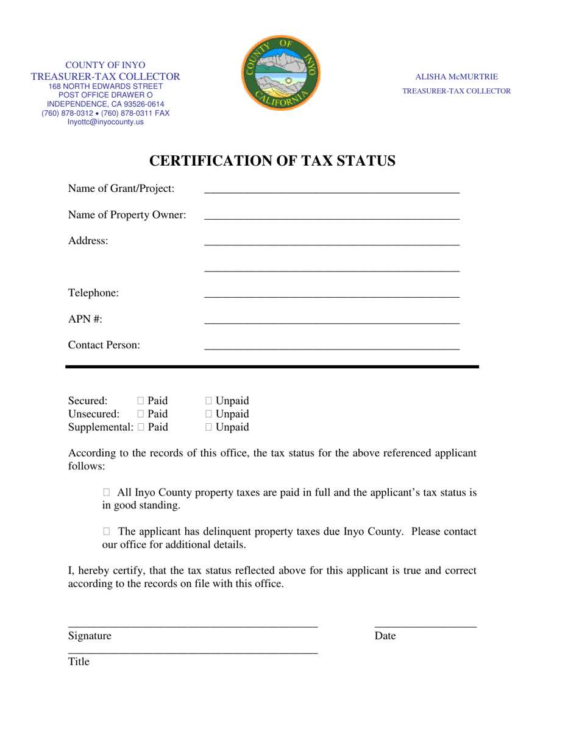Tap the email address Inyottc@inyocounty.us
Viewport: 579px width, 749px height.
105,122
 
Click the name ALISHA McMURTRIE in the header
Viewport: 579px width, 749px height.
456,77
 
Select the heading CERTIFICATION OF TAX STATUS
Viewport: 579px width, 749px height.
272,161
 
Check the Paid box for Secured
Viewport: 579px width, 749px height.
141,401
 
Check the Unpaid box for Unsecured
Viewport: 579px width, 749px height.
209,414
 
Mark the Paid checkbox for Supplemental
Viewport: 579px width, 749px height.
141,427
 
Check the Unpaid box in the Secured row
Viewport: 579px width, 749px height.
209,401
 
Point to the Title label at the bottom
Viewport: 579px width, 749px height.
79,661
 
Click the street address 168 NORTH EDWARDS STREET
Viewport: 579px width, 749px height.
105,86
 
